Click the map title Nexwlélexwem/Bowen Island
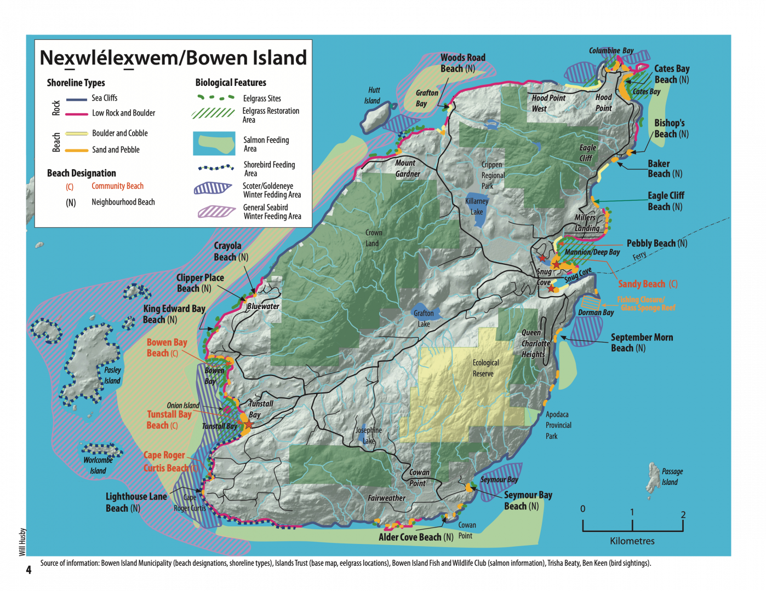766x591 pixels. click(x=173, y=58)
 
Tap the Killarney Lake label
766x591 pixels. click(x=477, y=206)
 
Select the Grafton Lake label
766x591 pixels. click(x=424, y=318)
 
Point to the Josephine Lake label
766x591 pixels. click(x=369, y=436)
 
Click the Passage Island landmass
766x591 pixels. click(x=653, y=477)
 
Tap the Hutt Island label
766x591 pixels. click(x=373, y=95)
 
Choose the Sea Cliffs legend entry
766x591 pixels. click(x=104, y=98)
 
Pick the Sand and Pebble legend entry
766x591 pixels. click(x=116, y=149)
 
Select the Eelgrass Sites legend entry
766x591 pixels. click(x=261, y=99)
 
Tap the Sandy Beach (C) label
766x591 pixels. click(x=648, y=284)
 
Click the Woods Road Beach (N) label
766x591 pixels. click(x=462, y=63)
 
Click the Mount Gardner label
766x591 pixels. click(x=407, y=169)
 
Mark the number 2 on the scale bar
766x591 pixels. click(x=683, y=514)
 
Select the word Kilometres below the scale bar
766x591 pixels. click(x=632, y=541)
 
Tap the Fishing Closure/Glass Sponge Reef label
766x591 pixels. click(x=647, y=304)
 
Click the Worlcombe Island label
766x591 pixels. click(x=98, y=465)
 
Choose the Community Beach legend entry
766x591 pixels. click(x=117, y=186)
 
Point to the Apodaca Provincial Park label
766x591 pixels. click(x=558, y=425)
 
